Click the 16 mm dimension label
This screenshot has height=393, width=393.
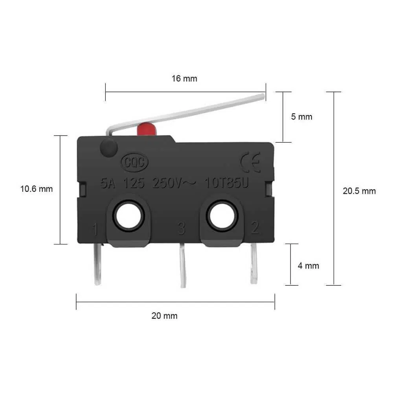[x=184, y=79]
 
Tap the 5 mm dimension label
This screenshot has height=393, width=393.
[x=301, y=117]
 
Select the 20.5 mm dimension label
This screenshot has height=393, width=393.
[x=359, y=191]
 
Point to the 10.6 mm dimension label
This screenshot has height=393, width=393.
[x=37, y=189]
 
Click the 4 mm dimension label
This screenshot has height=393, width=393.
[x=308, y=266]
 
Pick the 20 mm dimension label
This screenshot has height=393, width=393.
[x=164, y=316]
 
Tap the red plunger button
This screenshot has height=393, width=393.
[x=147, y=129]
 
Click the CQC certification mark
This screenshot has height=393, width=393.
[x=134, y=162]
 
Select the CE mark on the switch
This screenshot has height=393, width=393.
[x=250, y=162]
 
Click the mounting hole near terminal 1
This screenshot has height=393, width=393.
[x=129, y=216]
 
